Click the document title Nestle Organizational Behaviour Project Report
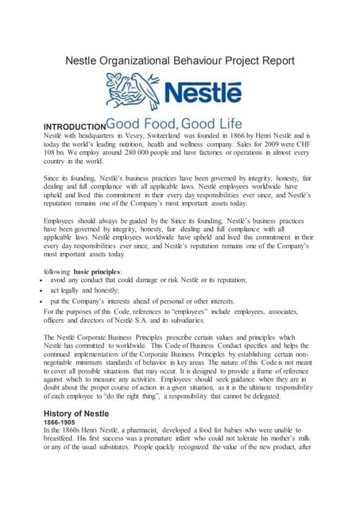tap(180, 60)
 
